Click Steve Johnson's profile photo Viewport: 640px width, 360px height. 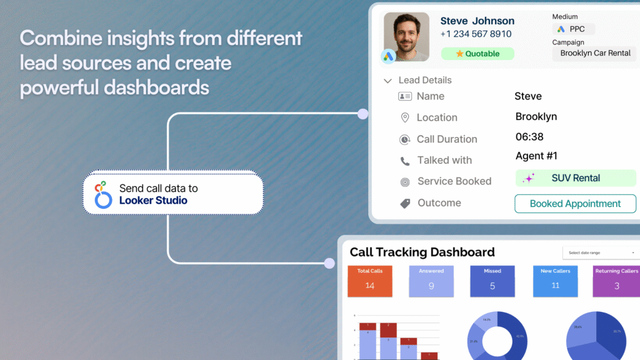tap(406, 36)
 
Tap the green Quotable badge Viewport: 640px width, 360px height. tap(477, 54)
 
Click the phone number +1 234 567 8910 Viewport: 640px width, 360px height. tap(476, 34)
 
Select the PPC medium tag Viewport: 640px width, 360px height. tap(573, 29)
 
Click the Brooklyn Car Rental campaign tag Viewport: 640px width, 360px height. tap(594, 53)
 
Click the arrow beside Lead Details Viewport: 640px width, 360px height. tap(388, 81)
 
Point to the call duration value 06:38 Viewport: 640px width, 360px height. tap(529, 137)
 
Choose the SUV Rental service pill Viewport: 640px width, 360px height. tap(575, 178)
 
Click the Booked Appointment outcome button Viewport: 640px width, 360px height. tap(575, 204)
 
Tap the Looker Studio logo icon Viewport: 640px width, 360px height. tap(101, 194)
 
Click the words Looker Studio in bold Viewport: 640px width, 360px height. tap(153, 201)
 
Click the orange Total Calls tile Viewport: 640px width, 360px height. tap(370, 281)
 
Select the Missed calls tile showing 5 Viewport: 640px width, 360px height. tap(492, 281)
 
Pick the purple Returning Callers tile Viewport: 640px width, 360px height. tap(616, 281)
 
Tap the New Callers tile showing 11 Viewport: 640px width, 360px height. tap(555, 281)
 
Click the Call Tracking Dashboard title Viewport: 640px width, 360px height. tap(422, 252)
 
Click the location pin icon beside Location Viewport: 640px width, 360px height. tap(404, 117)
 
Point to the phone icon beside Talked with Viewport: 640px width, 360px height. tap(404, 161)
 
